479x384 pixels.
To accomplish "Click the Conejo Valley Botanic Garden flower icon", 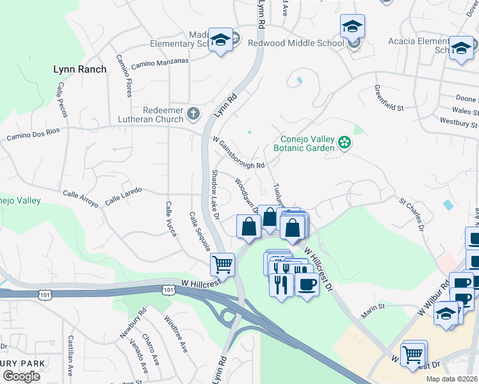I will tap(345, 142).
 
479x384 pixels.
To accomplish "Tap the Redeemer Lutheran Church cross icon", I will tap(194, 115).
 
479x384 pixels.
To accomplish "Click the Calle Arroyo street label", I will tap(80, 198).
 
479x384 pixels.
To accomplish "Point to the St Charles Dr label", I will tap(412, 214).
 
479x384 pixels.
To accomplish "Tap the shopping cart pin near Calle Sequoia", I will tap(222, 263).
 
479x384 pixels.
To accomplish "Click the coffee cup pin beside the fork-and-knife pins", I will tap(307, 285).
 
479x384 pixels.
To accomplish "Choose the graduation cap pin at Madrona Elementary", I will tap(220, 40).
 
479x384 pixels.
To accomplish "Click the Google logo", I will tap(21, 376).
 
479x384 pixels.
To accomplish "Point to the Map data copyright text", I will tap(451, 379).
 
